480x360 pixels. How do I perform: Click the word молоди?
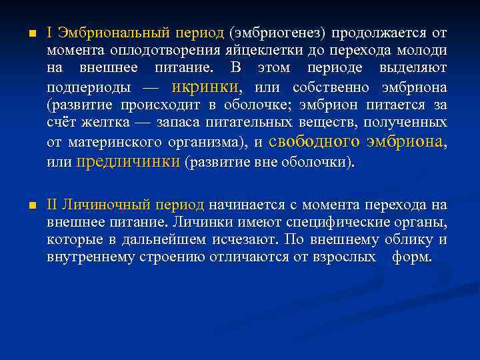(x=424, y=51)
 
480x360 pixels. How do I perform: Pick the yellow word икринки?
(x=205, y=87)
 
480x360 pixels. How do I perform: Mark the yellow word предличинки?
(x=129, y=161)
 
